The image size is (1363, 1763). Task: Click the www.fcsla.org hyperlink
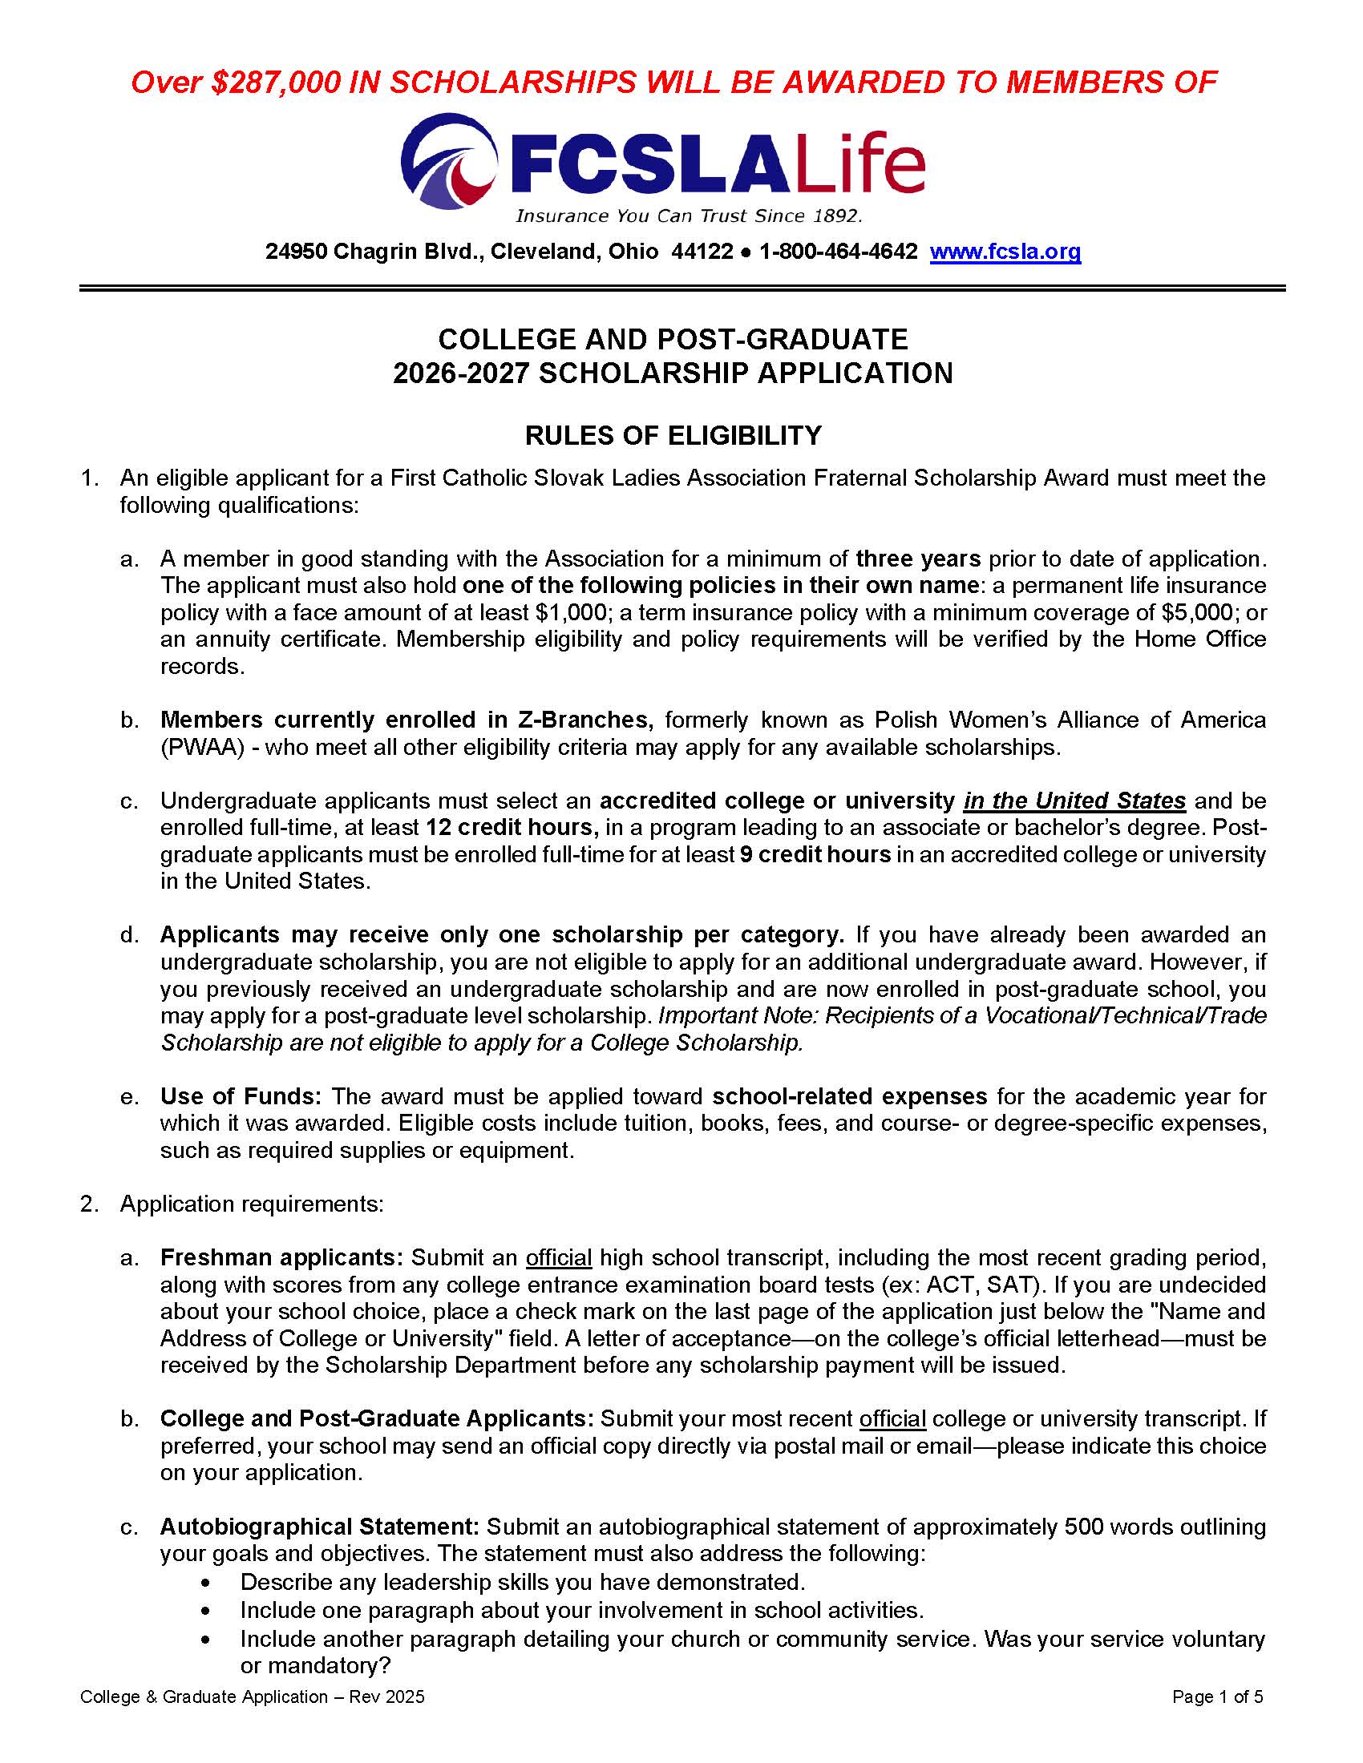click(1005, 252)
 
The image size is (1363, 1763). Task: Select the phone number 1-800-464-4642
click(838, 252)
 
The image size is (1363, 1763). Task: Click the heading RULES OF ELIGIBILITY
click(673, 436)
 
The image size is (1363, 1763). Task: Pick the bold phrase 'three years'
click(918, 559)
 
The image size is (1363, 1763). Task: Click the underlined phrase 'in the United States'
click(1074, 801)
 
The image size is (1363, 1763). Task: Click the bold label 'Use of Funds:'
click(241, 1096)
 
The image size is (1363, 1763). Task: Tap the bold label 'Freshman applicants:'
click(281, 1257)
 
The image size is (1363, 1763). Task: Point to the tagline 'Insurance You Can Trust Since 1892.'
click(689, 216)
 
